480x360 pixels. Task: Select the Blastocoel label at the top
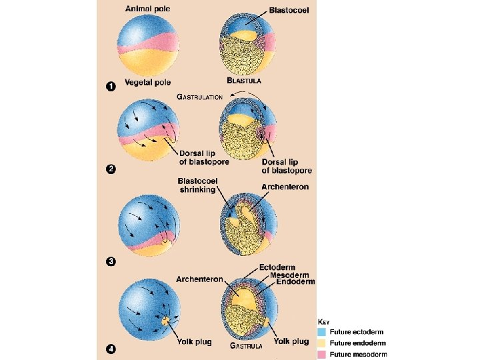[288, 11]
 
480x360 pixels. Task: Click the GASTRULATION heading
[199, 97]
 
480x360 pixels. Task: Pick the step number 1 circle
[111, 86]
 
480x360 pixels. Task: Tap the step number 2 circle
[111, 169]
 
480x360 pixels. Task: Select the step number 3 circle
[111, 261]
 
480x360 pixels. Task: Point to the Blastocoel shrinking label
[197, 185]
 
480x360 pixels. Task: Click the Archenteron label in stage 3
[285, 187]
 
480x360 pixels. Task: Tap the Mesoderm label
[280, 275]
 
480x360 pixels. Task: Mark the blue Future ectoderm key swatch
[323, 331]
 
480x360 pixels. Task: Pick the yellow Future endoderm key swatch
[323, 343]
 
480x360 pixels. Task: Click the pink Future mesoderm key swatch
[323, 354]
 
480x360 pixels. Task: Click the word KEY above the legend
[323, 321]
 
